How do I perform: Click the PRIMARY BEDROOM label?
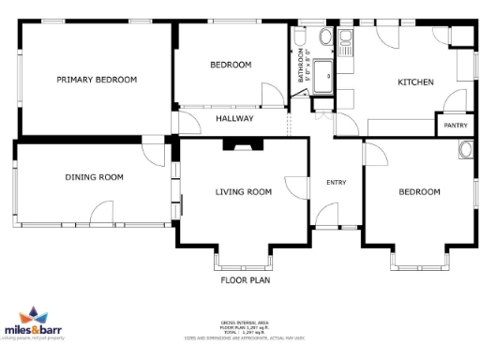click(97, 80)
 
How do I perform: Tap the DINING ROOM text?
click(94, 177)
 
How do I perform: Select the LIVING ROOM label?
click(244, 192)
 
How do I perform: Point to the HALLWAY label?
click(234, 119)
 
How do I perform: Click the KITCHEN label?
click(415, 82)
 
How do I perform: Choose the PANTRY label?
click(456, 125)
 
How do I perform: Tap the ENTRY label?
click(337, 182)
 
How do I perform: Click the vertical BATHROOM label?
click(302, 67)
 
